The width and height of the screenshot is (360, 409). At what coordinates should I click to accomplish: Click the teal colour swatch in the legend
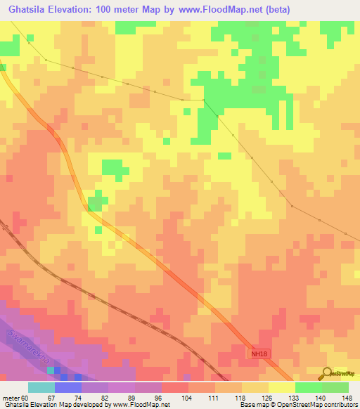41,387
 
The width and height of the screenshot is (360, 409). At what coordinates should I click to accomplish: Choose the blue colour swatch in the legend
68,387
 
